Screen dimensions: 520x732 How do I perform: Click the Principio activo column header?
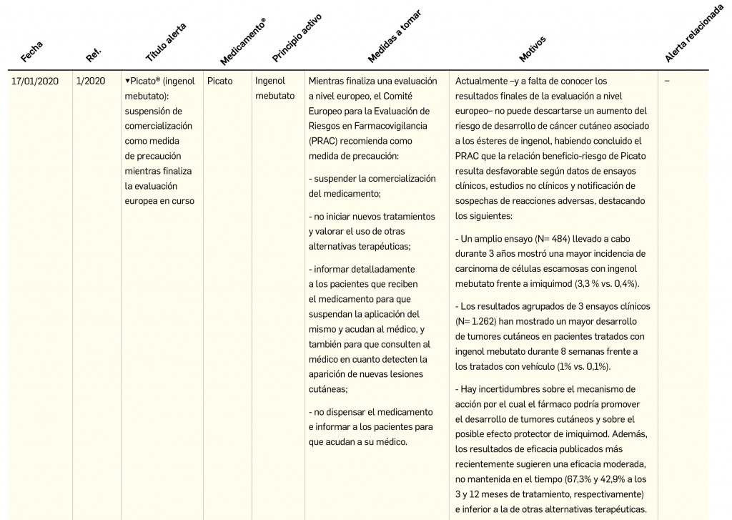click(x=297, y=36)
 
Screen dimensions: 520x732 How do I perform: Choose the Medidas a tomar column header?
click(x=394, y=36)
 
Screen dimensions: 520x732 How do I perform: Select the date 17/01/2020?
click(x=35, y=82)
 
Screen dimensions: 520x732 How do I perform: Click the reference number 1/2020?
click(x=90, y=82)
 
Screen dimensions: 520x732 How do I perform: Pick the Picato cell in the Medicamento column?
click(x=219, y=82)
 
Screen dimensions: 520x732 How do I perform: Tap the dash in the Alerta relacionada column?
click(x=667, y=82)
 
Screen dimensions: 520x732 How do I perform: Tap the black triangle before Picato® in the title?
click(x=127, y=82)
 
